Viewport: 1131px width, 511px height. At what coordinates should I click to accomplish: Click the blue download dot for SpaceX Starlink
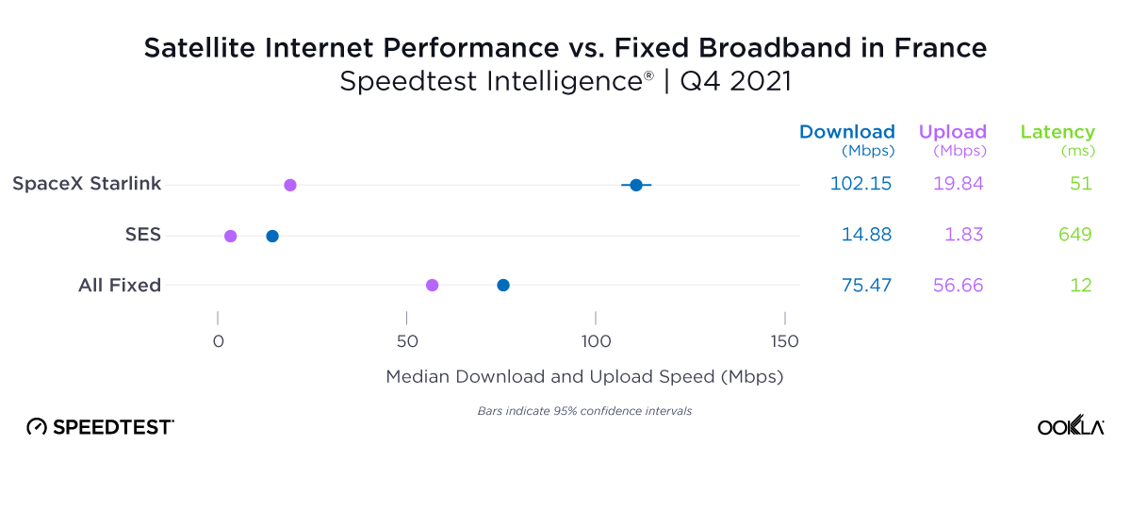click(636, 185)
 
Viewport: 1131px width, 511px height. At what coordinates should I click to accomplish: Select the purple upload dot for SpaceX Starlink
click(290, 185)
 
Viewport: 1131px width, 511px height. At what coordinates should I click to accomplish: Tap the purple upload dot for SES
click(231, 236)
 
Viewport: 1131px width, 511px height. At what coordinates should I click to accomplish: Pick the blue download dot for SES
click(272, 236)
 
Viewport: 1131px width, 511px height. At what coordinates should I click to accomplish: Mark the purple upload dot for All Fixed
click(433, 285)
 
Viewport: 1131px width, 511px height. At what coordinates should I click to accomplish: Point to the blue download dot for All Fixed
click(503, 285)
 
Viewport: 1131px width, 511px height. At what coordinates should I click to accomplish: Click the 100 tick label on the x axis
click(596, 341)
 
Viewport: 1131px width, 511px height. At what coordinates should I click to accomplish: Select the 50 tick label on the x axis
click(406, 341)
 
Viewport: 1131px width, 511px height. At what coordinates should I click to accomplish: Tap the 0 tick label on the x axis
click(218, 341)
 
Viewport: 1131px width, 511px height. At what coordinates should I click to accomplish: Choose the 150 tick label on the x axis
click(784, 341)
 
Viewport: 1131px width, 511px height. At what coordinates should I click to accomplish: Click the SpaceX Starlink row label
click(87, 184)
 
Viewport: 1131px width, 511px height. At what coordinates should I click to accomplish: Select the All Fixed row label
click(120, 285)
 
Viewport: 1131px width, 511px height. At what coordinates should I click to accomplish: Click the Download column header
click(846, 132)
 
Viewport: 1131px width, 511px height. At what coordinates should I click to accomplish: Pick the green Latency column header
click(1057, 132)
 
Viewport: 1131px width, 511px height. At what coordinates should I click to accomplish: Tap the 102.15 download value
click(861, 184)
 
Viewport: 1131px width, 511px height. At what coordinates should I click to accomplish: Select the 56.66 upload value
click(959, 285)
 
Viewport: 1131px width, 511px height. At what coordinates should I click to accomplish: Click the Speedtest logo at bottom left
click(100, 427)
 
